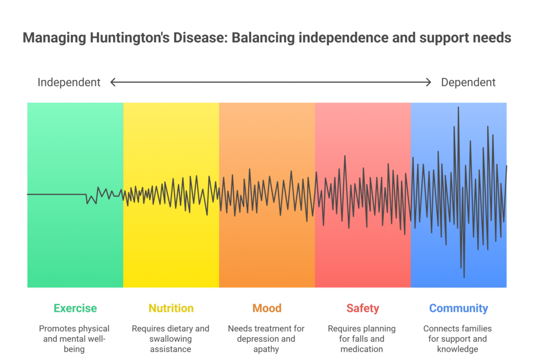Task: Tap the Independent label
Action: pyautogui.click(x=69, y=82)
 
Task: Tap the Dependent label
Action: pyautogui.click(x=468, y=82)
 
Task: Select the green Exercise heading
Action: pyautogui.click(x=75, y=308)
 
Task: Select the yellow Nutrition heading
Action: pyautogui.click(x=171, y=308)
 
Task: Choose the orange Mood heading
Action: pyautogui.click(x=267, y=308)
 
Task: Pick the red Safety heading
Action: pyautogui.click(x=362, y=308)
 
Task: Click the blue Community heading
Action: pyautogui.click(x=458, y=308)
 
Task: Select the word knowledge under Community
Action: pyautogui.click(x=458, y=349)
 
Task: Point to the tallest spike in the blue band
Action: pyautogui.click(x=458, y=108)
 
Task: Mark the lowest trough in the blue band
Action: pyautogui.click(x=464, y=277)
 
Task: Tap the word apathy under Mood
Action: pyautogui.click(x=266, y=349)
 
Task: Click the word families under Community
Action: pyautogui.click(x=476, y=329)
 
